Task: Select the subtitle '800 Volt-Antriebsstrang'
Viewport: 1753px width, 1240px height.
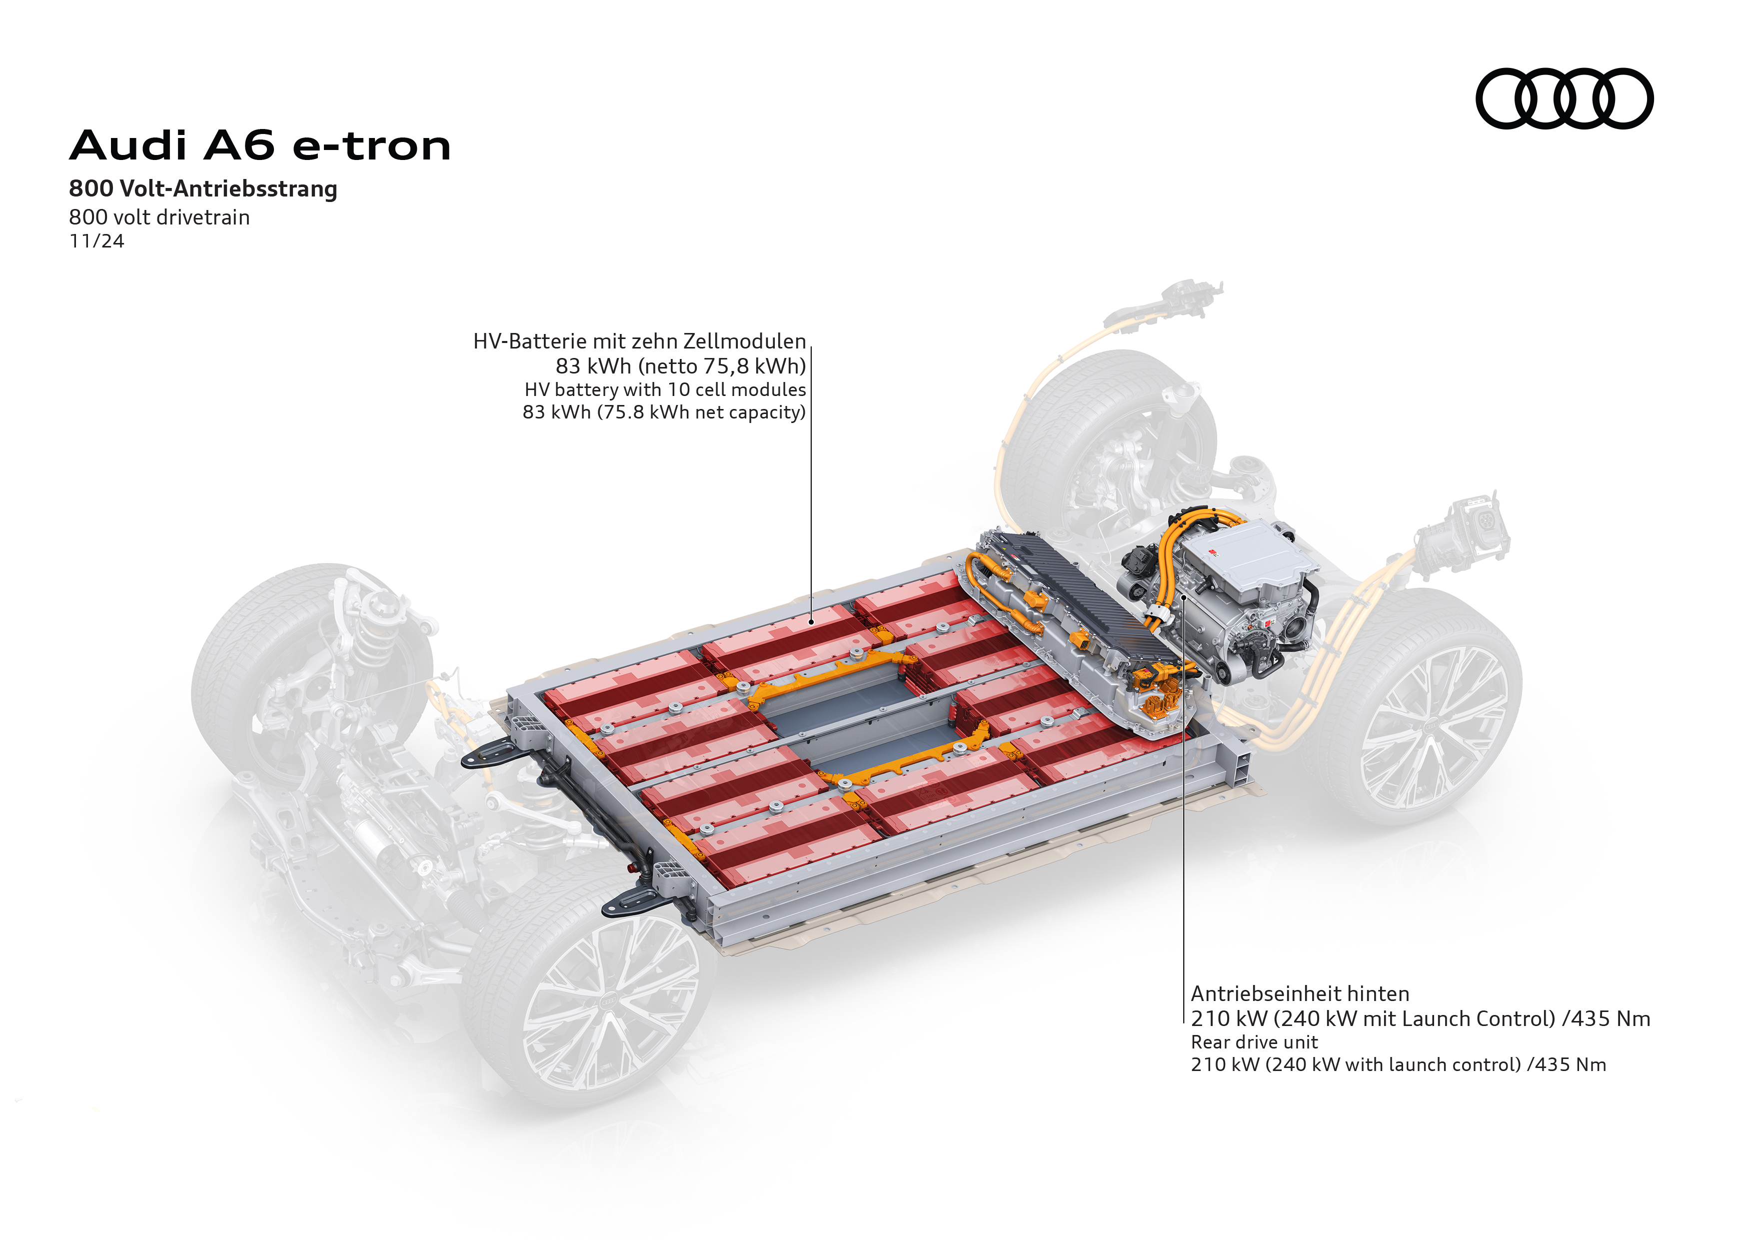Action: (203, 188)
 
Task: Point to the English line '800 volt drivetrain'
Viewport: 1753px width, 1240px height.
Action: (159, 217)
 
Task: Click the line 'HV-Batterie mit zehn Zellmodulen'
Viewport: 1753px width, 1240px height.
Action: (640, 341)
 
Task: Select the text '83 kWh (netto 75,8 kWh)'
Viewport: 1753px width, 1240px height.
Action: (681, 366)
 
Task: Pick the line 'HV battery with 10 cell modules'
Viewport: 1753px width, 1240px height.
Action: (665, 389)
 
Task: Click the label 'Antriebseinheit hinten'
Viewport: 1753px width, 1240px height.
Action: (1300, 993)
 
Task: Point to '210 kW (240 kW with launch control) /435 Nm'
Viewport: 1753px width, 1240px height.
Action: (1399, 1064)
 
